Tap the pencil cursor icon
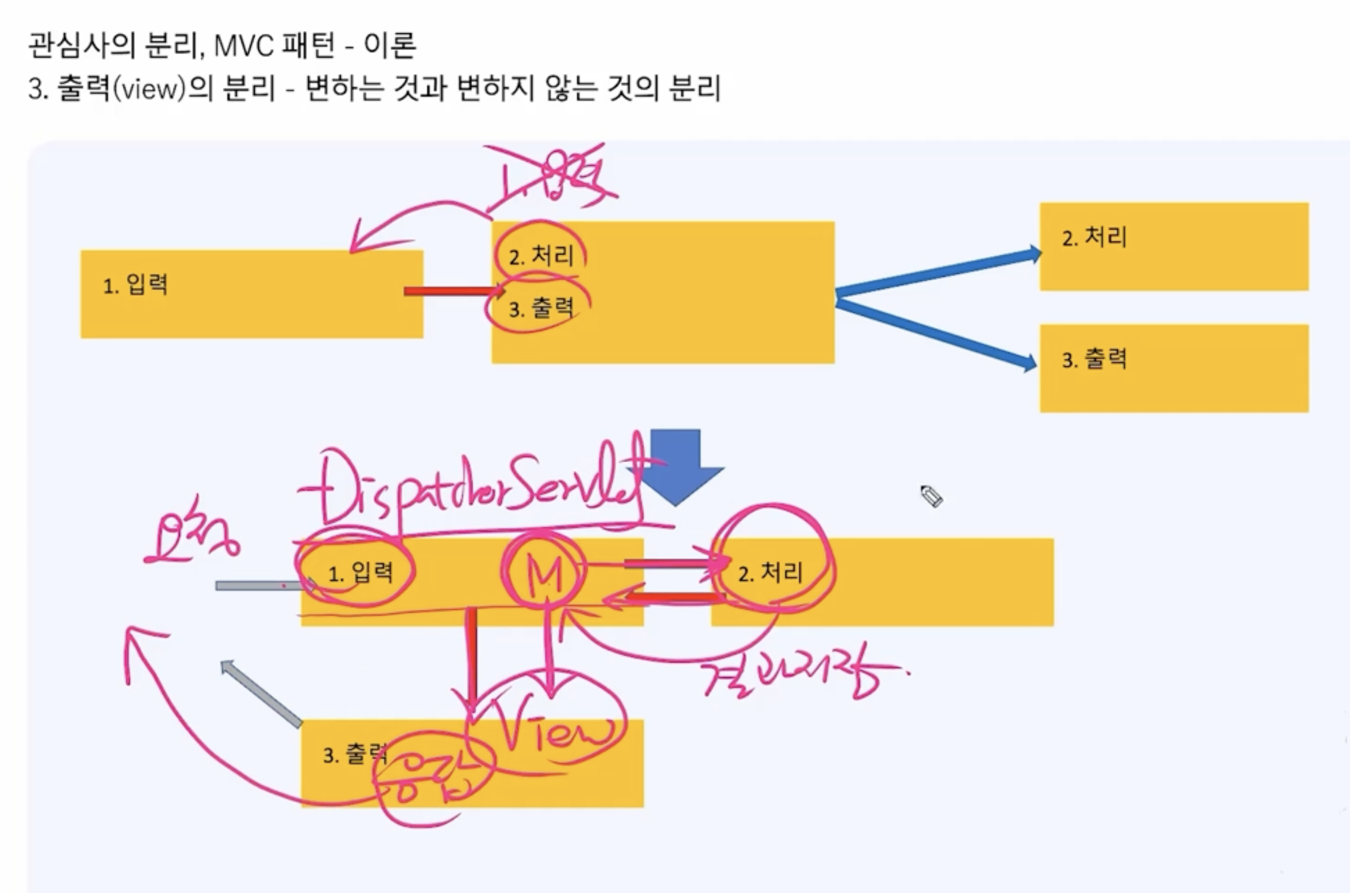coord(931,496)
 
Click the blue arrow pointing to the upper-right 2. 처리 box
coord(938,273)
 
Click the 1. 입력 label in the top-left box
coord(135,286)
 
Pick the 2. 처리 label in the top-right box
coord(1094,237)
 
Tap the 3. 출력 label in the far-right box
coord(1094,359)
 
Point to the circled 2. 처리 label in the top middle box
coord(541,256)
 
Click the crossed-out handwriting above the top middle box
coord(552,178)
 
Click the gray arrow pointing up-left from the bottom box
coord(261,693)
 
